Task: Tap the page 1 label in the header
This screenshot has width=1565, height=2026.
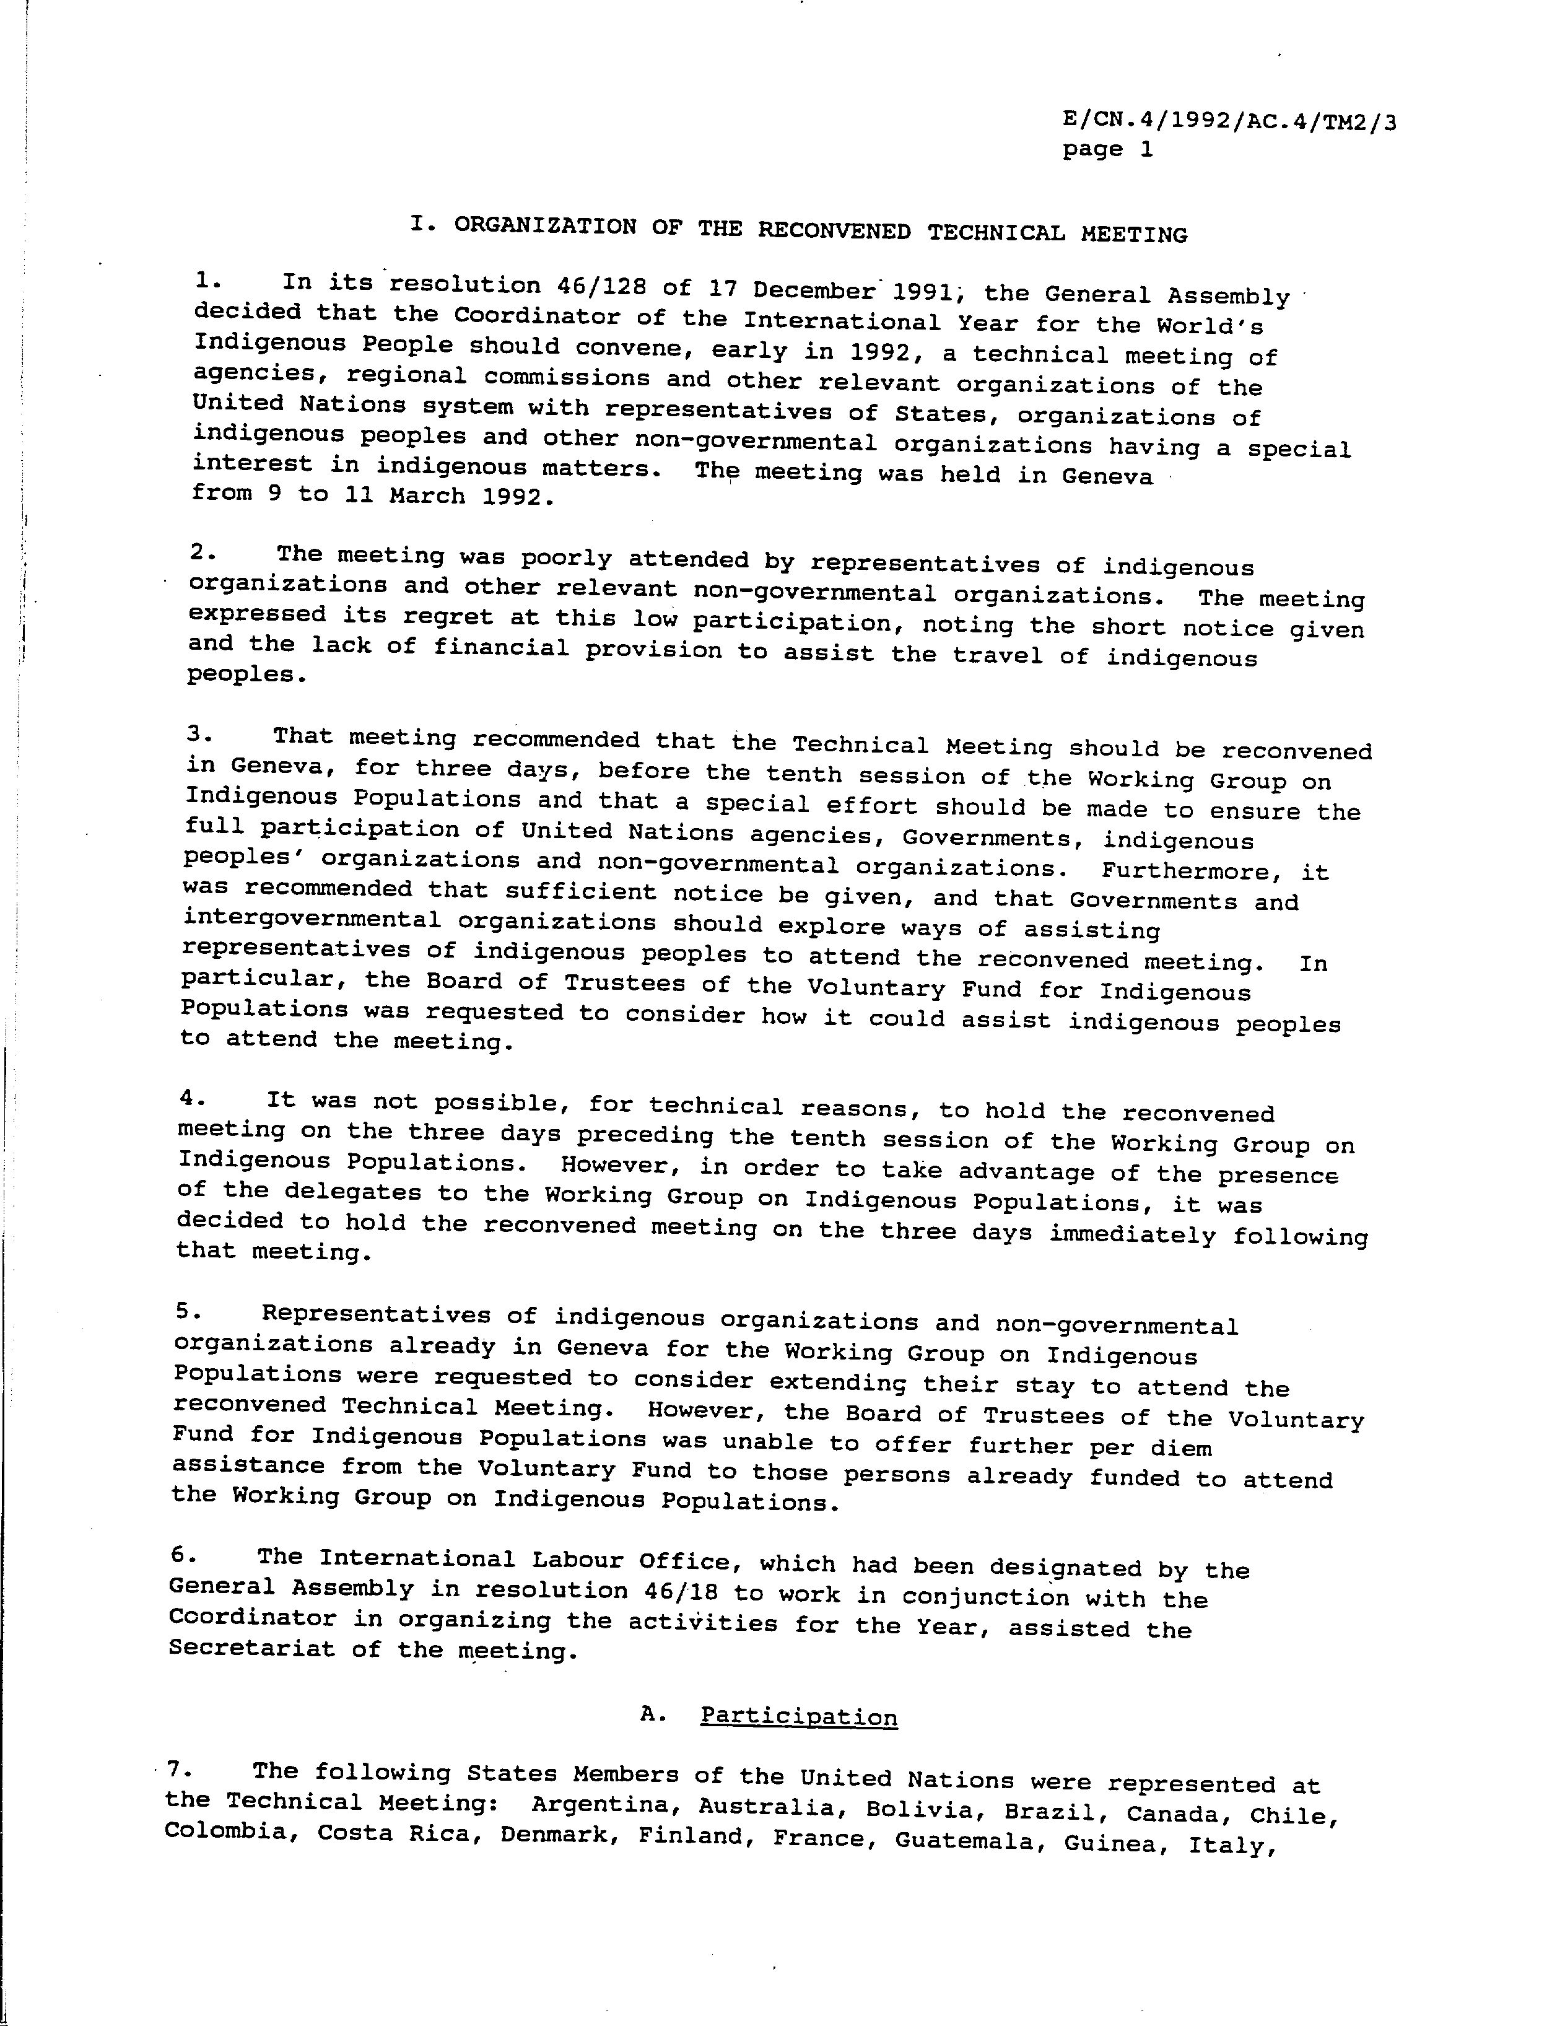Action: (x=1108, y=149)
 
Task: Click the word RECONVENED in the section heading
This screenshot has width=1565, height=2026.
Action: (x=834, y=230)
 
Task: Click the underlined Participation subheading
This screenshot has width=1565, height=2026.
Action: (x=798, y=1716)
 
